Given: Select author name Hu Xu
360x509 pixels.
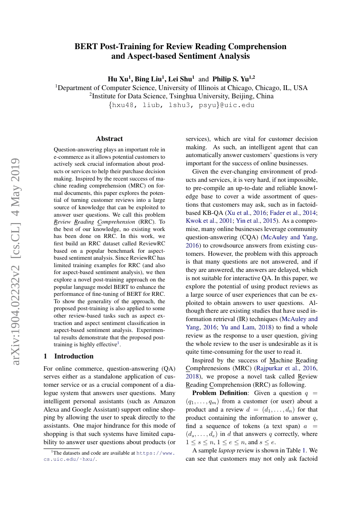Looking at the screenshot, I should [x=118, y=79].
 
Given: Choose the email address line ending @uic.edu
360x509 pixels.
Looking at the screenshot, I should [x=180, y=105].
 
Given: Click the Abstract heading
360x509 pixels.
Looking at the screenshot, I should [x=109, y=139].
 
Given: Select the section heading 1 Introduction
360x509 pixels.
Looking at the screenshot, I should [x=69, y=356].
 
